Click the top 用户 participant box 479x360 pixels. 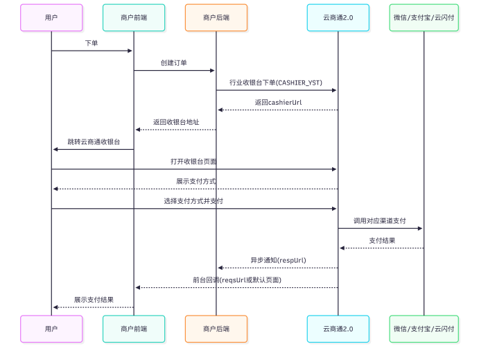click(x=51, y=18)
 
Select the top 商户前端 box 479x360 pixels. click(x=134, y=18)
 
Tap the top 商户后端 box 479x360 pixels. click(x=216, y=18)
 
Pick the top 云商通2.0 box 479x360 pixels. click(x=338, y=18)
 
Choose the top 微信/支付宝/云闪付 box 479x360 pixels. click(x=424, y=18)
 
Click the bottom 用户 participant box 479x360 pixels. click(x=51, y=329)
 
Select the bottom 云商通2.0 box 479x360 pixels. click(x=338, y=329)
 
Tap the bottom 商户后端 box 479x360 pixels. click(x=216, y=329)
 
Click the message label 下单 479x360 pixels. click(x=92, y=43)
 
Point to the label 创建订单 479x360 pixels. click(x=174, y=63)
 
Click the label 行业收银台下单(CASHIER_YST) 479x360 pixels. click(x=276, y=83)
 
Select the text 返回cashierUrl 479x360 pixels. click(x=278, y=103)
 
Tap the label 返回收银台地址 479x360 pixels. click(x=176, y=122)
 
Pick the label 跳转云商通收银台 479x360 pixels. click(x=94, y=142)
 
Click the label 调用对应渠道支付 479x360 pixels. click(x=380, y=221)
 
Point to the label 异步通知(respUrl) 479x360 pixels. click(x=278, y=260)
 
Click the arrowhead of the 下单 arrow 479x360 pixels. click(x=130, y=51)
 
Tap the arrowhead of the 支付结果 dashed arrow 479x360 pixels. click(x=342, y=248)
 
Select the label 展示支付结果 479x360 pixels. click(x=94, y=300)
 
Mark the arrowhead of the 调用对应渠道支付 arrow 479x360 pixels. click(x=420, y=228)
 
